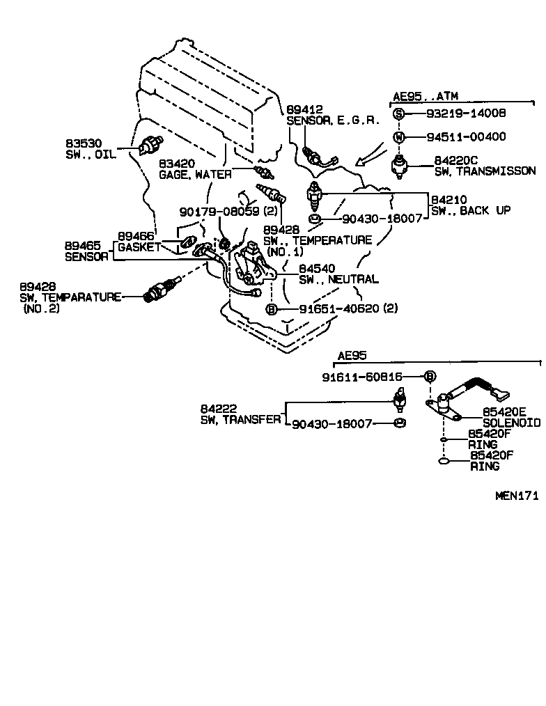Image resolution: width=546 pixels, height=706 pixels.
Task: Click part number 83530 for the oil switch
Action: coord(83,143)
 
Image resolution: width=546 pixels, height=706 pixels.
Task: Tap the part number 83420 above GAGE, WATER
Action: coord(177,163)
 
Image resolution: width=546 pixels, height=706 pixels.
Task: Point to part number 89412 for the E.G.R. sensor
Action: coord(304,109)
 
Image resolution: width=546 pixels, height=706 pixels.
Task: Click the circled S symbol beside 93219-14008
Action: coord(398,113)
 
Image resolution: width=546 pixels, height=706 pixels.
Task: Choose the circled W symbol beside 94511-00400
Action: coord(398,136)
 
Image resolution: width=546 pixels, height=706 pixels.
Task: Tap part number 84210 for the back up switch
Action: coord(447,199)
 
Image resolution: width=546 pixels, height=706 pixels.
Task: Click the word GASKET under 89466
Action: coord(139,247)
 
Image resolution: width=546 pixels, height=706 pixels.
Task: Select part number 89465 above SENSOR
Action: coord(82,246)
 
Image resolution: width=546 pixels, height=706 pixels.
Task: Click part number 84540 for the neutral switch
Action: coord(317,268)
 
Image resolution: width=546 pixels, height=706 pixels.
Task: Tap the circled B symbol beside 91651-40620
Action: coord(272,308)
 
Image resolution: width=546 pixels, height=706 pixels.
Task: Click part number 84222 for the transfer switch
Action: coord(217,408)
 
